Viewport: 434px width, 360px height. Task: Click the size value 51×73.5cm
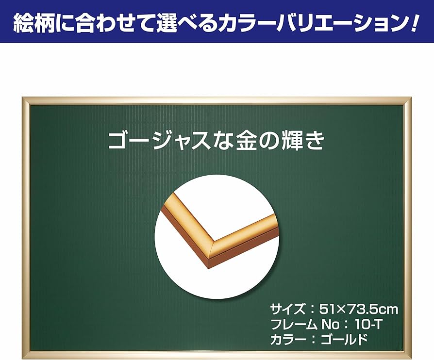pyautogui.click(x=359, y=309)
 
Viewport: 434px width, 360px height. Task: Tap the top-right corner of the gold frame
pyautogui.click(x=408, y=101)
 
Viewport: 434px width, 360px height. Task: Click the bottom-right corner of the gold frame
pyautogui.click(x=408, y=355)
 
